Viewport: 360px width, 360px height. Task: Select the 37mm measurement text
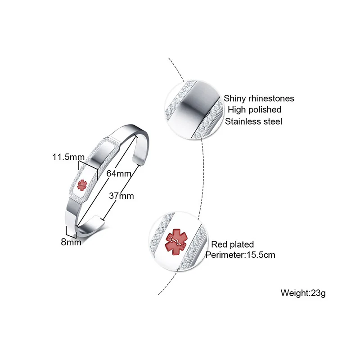click(121, 196)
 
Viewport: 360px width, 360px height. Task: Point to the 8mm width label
click(71, 242)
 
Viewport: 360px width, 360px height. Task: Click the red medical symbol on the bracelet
click(82, 184)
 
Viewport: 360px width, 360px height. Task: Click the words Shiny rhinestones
click(259, 98)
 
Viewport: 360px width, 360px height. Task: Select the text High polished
click(254, 109)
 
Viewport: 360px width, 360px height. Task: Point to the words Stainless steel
click(254, 121)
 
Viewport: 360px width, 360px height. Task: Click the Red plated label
click(233, 244)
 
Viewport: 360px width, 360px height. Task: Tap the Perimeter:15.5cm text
click(240, 255)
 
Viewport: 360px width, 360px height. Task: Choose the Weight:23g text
click(303, 293)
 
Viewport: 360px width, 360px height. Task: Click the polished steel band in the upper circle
click(194, 108)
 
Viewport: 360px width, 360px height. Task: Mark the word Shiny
click(235, 98)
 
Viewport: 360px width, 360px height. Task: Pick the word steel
click(273, 121)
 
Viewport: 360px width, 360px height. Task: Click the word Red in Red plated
click(219, 244)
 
